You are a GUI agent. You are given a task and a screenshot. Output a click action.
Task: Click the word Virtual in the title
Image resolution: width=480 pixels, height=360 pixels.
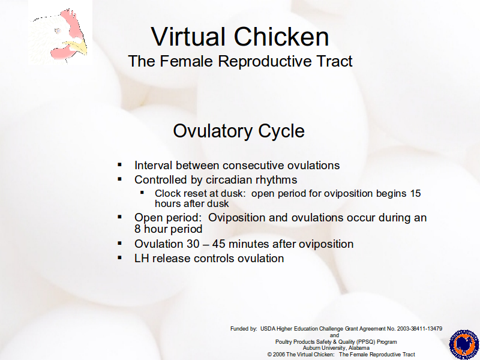(188, 37)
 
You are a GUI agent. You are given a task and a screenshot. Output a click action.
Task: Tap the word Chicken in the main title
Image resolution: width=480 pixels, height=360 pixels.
(281, 37)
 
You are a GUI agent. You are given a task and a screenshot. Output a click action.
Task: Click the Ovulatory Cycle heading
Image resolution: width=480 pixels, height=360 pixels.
(239, 131)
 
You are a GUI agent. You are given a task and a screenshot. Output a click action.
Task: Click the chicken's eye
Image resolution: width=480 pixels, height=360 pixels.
(58, 31)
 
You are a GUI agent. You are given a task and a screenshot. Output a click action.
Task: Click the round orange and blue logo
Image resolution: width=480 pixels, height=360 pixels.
(464, 344)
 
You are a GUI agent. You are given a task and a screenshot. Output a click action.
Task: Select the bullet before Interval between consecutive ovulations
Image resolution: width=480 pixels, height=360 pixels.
(119, 166)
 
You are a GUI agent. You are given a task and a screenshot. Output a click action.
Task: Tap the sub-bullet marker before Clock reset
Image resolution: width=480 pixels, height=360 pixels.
(142, 193)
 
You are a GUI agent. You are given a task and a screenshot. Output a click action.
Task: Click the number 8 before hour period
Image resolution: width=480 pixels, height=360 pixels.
(137, 229)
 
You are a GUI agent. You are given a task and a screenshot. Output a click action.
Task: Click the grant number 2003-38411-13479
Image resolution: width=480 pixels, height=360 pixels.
(419, 329)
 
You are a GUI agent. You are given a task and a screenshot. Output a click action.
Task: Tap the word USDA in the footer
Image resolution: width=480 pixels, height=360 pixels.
(268, 329)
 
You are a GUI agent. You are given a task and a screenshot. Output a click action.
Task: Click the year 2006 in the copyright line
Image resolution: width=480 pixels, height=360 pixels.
(279, 355)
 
